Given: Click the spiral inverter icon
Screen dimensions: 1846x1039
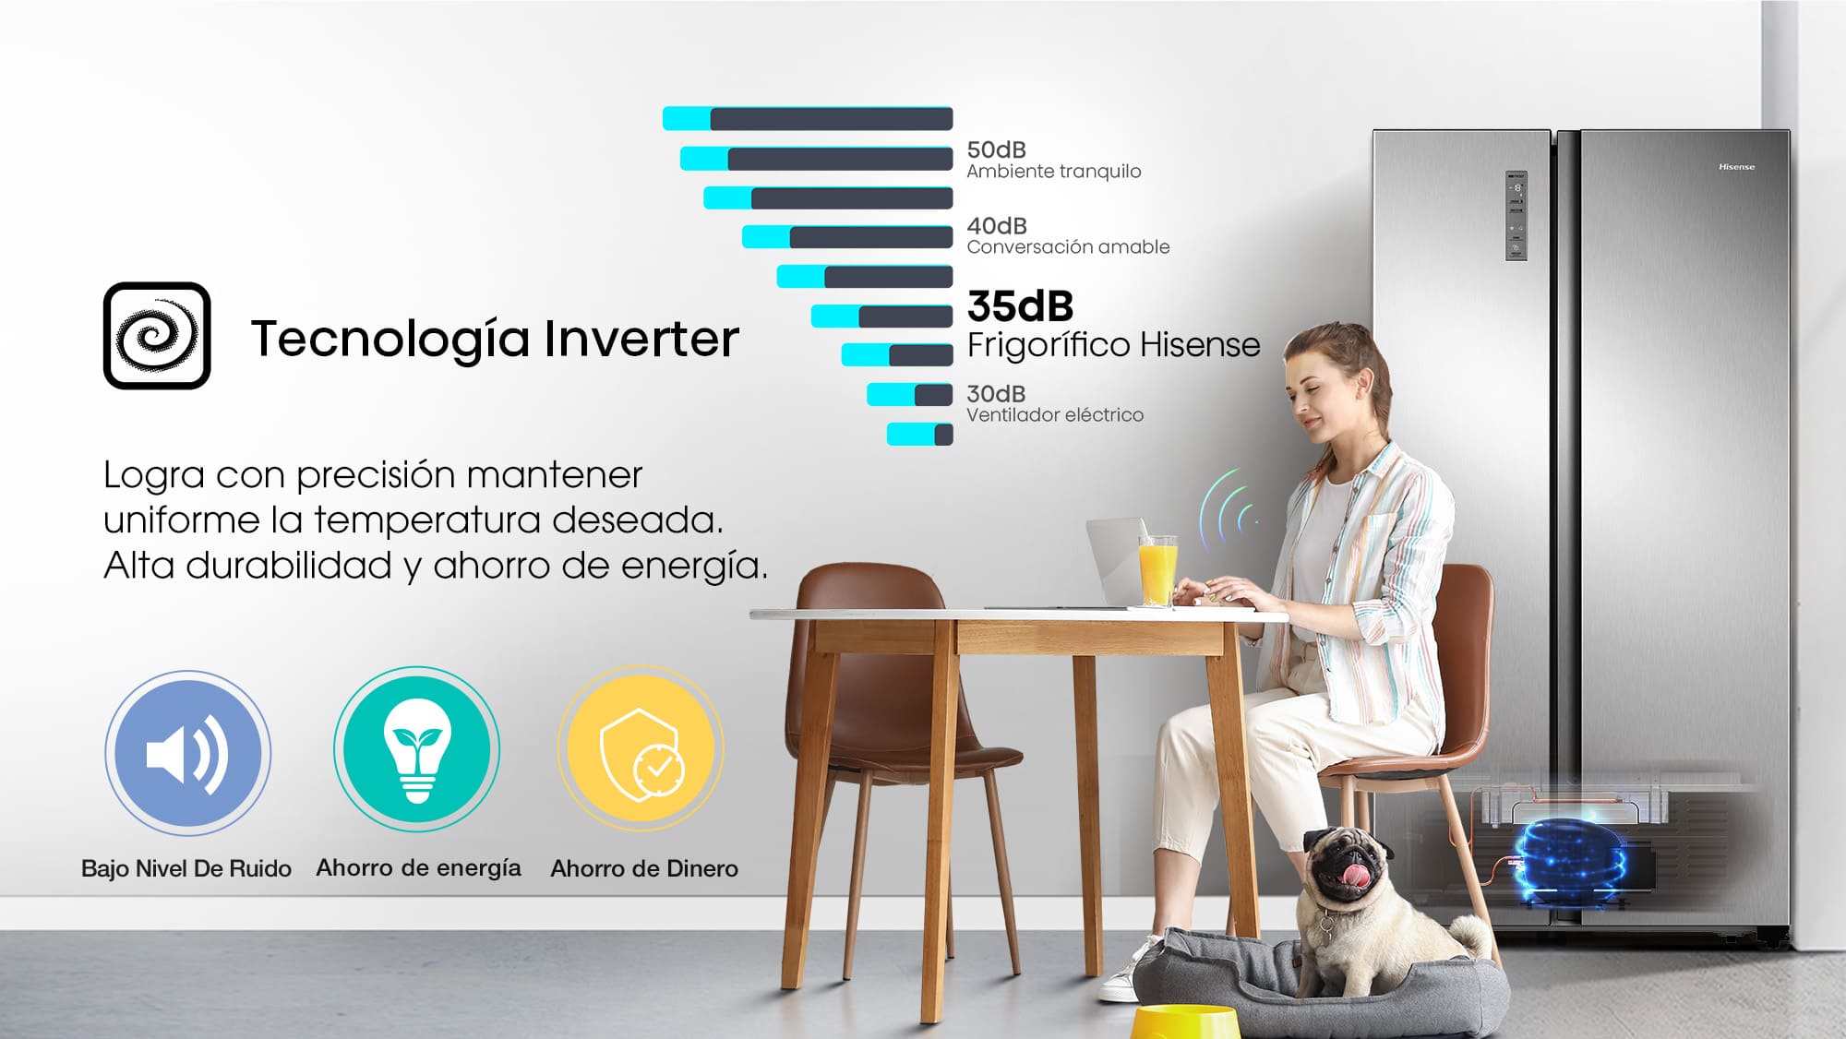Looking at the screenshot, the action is [157, 336].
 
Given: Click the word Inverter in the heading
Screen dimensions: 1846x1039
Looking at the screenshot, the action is [641, 338].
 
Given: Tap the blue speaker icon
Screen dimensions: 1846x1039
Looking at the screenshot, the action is [187, 753].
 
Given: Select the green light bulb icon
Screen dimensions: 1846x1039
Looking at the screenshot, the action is [417, 749].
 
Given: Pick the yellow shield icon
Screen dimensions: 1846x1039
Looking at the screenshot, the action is [641, 748].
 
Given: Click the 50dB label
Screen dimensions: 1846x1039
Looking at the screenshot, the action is [996, 149].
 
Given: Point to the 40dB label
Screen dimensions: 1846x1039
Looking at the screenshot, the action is [997, 226].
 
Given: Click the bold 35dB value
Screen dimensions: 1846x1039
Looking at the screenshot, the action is [1020, 305].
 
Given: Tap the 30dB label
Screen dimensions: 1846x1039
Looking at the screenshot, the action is [996, 394].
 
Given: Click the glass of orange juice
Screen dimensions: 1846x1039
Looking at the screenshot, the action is [1157, 569].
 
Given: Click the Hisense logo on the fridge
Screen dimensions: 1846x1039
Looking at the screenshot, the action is [1736, 167].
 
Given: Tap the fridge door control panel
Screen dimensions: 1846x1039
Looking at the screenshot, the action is [1516, 216].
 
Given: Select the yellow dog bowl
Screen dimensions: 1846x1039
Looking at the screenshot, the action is [1185, 1022].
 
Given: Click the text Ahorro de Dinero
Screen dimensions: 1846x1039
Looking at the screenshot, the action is [644, 868].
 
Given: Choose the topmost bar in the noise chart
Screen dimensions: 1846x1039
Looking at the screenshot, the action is [808, 118].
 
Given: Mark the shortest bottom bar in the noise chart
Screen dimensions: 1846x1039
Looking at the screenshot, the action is [919, 434].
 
